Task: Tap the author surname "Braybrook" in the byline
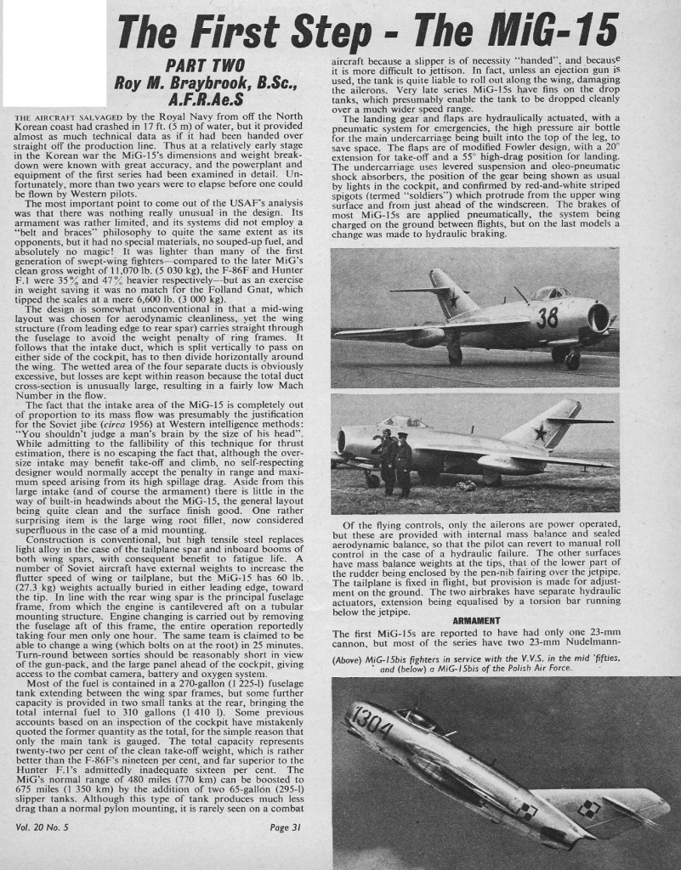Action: point(207,83)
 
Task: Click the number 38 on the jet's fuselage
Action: point(548,317)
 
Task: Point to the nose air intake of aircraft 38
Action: point(599,317)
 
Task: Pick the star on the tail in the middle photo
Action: point(539,432)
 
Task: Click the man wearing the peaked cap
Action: point(403,460)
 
